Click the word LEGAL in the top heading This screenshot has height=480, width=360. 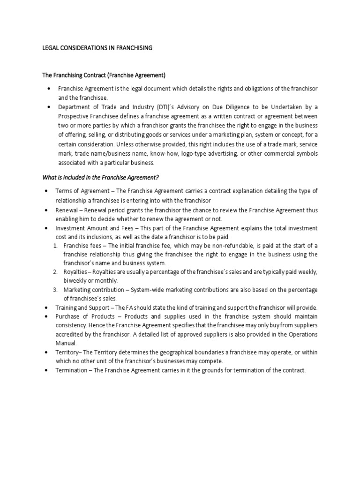tap(50, 48)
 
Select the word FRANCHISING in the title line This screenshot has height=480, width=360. tap(135, 48)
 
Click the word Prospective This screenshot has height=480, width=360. tap(74, 116)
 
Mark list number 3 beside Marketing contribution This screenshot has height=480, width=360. tap(54, 289)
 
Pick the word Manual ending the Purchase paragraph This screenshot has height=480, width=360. tap(67, 343)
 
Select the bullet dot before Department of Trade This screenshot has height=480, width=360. tap(48, 107)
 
